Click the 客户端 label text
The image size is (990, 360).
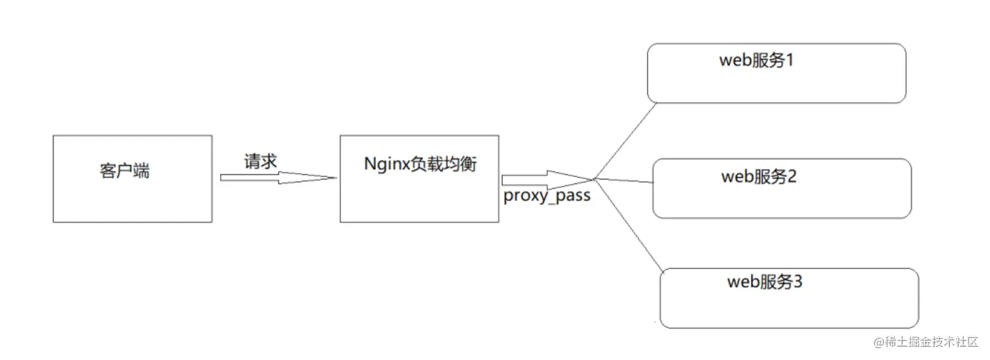[124, 171]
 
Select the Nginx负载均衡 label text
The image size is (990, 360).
[420, 164]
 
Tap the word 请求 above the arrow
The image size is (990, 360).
[261, 162]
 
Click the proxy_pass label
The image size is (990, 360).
[547, 195]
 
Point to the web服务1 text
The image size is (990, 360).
[756, 61]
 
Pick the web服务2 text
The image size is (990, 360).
[759, 176]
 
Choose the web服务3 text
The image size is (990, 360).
[765, 282]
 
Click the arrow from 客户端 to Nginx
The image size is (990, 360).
[275, 177]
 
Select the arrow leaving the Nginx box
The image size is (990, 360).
[543, 179]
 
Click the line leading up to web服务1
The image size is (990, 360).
[625, 140]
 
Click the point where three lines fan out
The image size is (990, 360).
[594, 179]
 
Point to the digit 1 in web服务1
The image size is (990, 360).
[789, 61]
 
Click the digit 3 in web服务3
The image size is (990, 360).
[797, 282]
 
